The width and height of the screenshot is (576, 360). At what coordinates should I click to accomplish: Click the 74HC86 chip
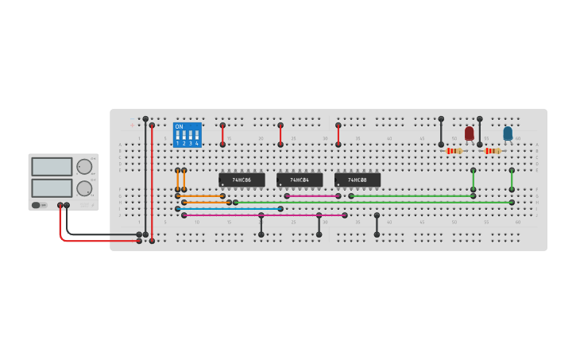click(x=242, y=180)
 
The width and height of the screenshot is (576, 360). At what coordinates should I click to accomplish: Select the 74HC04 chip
click(x=300, y=180)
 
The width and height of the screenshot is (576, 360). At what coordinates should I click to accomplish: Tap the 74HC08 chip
click(x=358, y=180)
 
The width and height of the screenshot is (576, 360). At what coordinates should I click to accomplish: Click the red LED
click(x=469, y=133)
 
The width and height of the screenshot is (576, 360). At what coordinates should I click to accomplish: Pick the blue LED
click(x=508, y=133)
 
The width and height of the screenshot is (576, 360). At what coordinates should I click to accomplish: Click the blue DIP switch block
click(x=187, y=135)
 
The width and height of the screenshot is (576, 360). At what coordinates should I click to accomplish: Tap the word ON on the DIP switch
click(x=179, y=126)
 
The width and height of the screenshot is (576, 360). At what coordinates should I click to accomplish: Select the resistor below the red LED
click(x=454, y=151)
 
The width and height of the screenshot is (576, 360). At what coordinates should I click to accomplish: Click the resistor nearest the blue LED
click(x=493, y=151)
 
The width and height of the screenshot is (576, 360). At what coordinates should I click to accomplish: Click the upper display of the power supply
click(x=52, y=167)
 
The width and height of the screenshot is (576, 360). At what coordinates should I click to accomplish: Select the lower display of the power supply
click(x=52, y=188)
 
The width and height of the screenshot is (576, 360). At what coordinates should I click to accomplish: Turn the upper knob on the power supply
click(x=83, y=167)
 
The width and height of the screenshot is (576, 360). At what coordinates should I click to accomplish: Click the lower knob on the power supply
click(x=83, y=188)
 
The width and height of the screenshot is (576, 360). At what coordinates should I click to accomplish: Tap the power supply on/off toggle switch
click(x=37, y=205)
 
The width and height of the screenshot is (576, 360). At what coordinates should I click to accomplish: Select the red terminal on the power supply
click(x=60, y=205)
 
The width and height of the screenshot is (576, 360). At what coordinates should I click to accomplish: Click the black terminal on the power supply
click(x=67, y=205)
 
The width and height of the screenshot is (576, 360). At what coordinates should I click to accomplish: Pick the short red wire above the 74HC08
click(x=338, y=135)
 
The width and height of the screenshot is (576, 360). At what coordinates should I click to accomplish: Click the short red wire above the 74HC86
click(x=222, y=135)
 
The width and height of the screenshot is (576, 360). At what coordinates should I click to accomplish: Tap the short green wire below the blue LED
click(x=512, y=180)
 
